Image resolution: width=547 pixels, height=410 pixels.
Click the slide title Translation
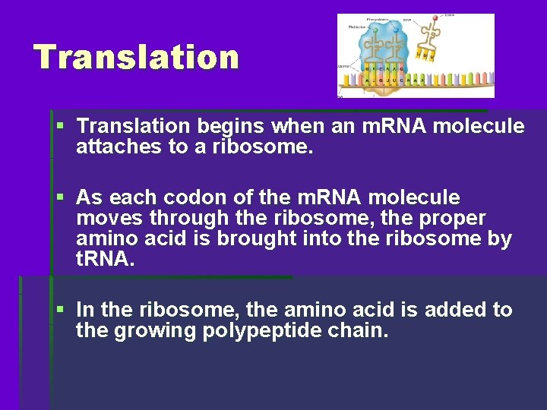click(136, 57)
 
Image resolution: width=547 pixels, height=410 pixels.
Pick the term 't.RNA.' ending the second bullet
click(106, 259)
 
